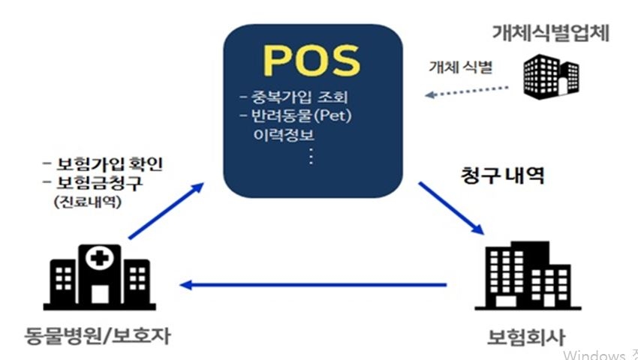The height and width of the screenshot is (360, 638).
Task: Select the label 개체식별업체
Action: [x=549, y=32]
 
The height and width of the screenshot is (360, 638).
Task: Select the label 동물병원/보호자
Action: [x=97, y=334]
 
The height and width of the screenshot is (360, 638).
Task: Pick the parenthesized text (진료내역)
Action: [x=87, y=202]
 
